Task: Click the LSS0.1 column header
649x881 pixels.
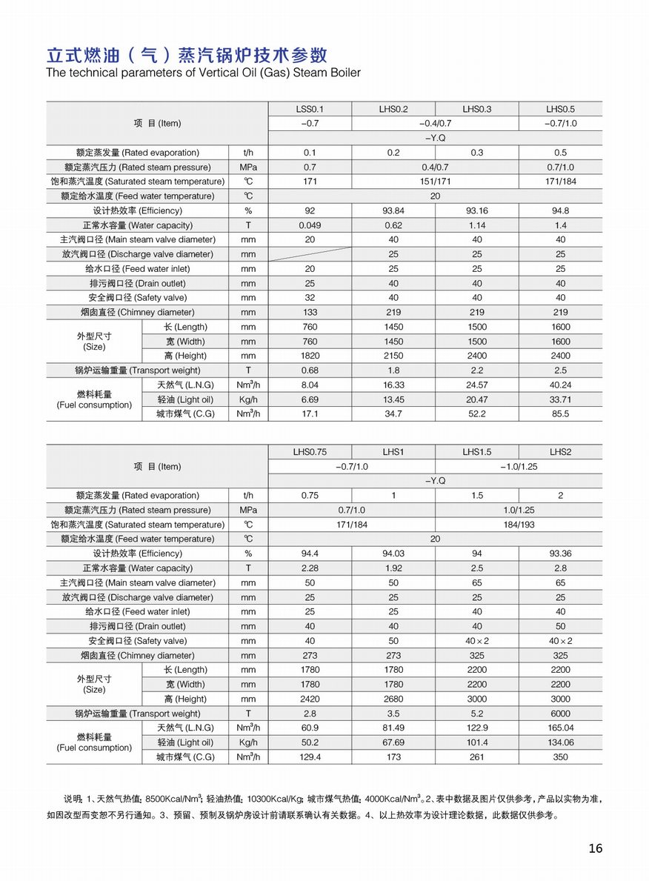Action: (x=310, y=109)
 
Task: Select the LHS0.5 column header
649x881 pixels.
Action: (x=561, y=109)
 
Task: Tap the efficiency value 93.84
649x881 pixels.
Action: (x=393, y=210)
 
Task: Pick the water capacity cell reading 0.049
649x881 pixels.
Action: (x=310, y=225)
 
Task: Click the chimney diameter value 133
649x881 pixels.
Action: (x=310, y=312)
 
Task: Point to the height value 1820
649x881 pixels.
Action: (x=310, y=356)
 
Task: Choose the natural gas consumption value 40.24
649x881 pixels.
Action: (x=561, y=385)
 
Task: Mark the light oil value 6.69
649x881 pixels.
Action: (x=310, y=399)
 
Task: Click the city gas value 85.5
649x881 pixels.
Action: (x=561, y=413)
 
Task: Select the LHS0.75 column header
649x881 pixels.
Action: (x=310, y=452)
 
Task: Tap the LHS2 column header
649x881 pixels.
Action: (x=561, y=452)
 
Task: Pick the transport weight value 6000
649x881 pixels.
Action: (x=561, y=714)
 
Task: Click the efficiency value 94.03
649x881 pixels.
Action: (x=393, y=553)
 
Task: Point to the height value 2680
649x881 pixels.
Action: (x=393, y=699)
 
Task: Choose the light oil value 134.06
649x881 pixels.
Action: (x=561, y=742)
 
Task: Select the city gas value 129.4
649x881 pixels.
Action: (x=310, y=757)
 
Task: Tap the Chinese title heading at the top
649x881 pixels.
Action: (x=186, y=56)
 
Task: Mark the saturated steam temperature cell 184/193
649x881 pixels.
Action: (x=519, y=525)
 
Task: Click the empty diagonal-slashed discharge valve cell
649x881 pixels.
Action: (x=310, y=254)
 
